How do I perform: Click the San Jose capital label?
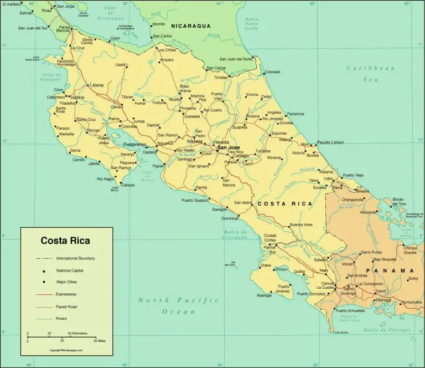tap(228, 147)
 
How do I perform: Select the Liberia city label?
tap(96, 85)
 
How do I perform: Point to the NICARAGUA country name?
tap(191, 26)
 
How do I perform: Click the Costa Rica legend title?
tap(65, 241)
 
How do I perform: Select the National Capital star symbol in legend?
tap(43, 270)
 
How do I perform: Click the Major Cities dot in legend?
tap(43, 282)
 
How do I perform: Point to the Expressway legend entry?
tap(66, 294)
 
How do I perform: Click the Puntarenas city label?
tap(134, 144)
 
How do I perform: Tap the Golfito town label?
tap(299, 271)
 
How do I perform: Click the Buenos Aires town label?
tap(301, 224)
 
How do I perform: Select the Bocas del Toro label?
tap(400, 201)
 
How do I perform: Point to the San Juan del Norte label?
tap(236, 59)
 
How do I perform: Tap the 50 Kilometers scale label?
tap(78, 333)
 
